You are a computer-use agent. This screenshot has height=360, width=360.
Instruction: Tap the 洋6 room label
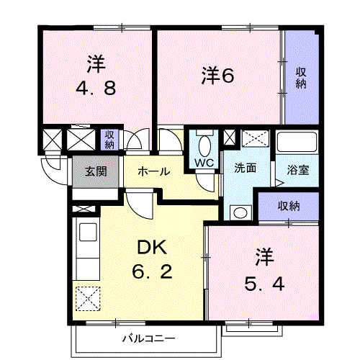pyautogui.click(x=217, y=74)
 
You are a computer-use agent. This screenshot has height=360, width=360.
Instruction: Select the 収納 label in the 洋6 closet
pyautogui.click(x=301, y=77)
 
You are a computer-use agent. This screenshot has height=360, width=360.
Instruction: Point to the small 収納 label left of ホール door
pyautogui.click(x=109, y=139)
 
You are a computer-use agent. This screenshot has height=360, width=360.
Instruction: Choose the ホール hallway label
pyautogui.click(x=153, y=171)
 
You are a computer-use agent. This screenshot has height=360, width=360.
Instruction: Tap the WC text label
pyautogui.click(x=204, y=163)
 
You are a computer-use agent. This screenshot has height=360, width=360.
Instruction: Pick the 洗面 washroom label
pyautogui.click(x=245, y=168)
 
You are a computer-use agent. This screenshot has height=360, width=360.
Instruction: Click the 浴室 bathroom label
pyautogui.click(x=298, y=171)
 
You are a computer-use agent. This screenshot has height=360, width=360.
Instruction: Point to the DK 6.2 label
pyautogui.click(x=152, y=261)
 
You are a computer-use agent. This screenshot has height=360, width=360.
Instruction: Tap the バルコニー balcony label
pyautogui.click(x=148, y=338)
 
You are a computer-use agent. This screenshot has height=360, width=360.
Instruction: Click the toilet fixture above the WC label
pyautogui.click(x=204, y=144)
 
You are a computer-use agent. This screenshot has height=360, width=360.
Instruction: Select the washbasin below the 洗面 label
pyautogui.click(x=238, y=212)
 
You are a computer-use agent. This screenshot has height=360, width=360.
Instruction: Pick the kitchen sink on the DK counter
pyautogui.click(x=87, y=233)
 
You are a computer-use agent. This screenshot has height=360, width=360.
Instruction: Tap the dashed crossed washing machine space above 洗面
pyautogui.click(x=254, y=138)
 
